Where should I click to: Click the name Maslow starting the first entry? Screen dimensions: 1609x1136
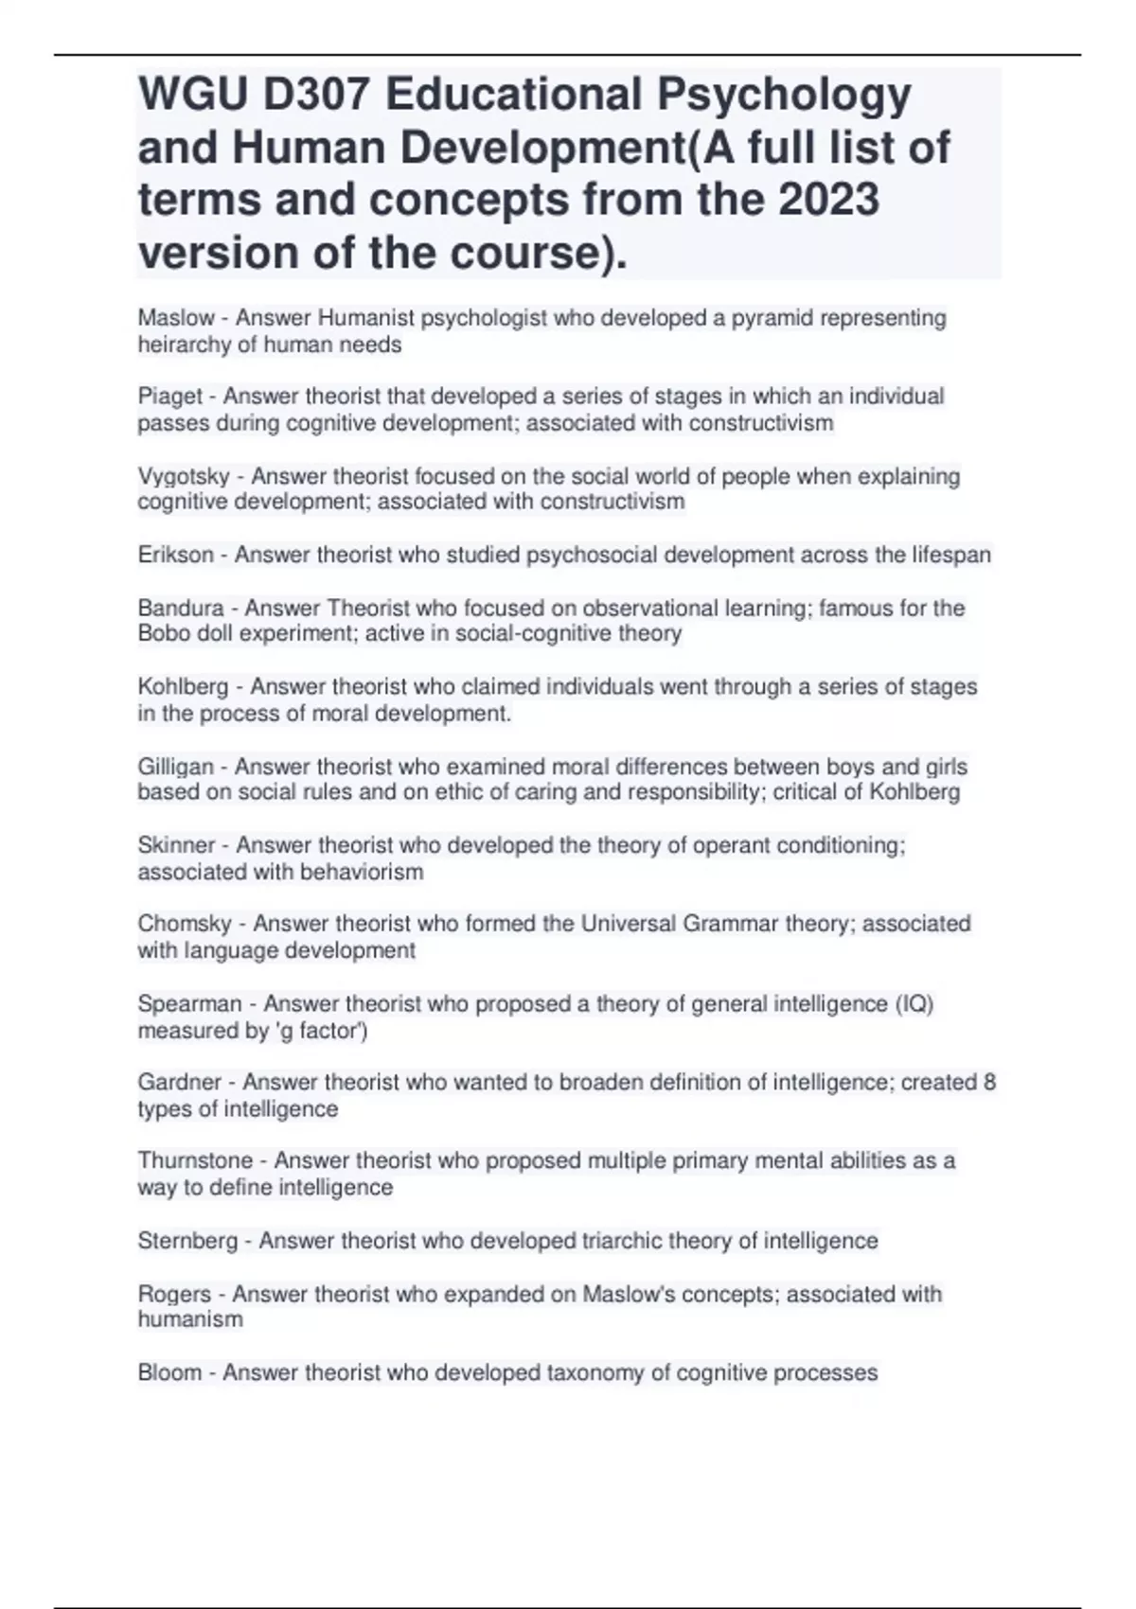coord(176,318)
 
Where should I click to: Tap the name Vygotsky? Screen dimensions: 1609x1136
coord(184,476)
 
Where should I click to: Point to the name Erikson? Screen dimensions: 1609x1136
coord(176,555)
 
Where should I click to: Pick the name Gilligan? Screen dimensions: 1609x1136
coord(176,767)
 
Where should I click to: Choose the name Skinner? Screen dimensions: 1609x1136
coord(176,845)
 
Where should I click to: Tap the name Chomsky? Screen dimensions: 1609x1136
coord(185,924)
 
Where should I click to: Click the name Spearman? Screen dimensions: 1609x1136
coord(189,1003)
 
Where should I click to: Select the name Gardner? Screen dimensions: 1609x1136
coord(180,1082)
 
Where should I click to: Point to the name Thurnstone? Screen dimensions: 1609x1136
coord(195,1161)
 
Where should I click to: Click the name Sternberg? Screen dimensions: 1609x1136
coord(187,1240)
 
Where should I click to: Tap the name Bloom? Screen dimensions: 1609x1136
coord(169,1372)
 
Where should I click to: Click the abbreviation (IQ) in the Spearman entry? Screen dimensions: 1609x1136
coord(914,1003)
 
